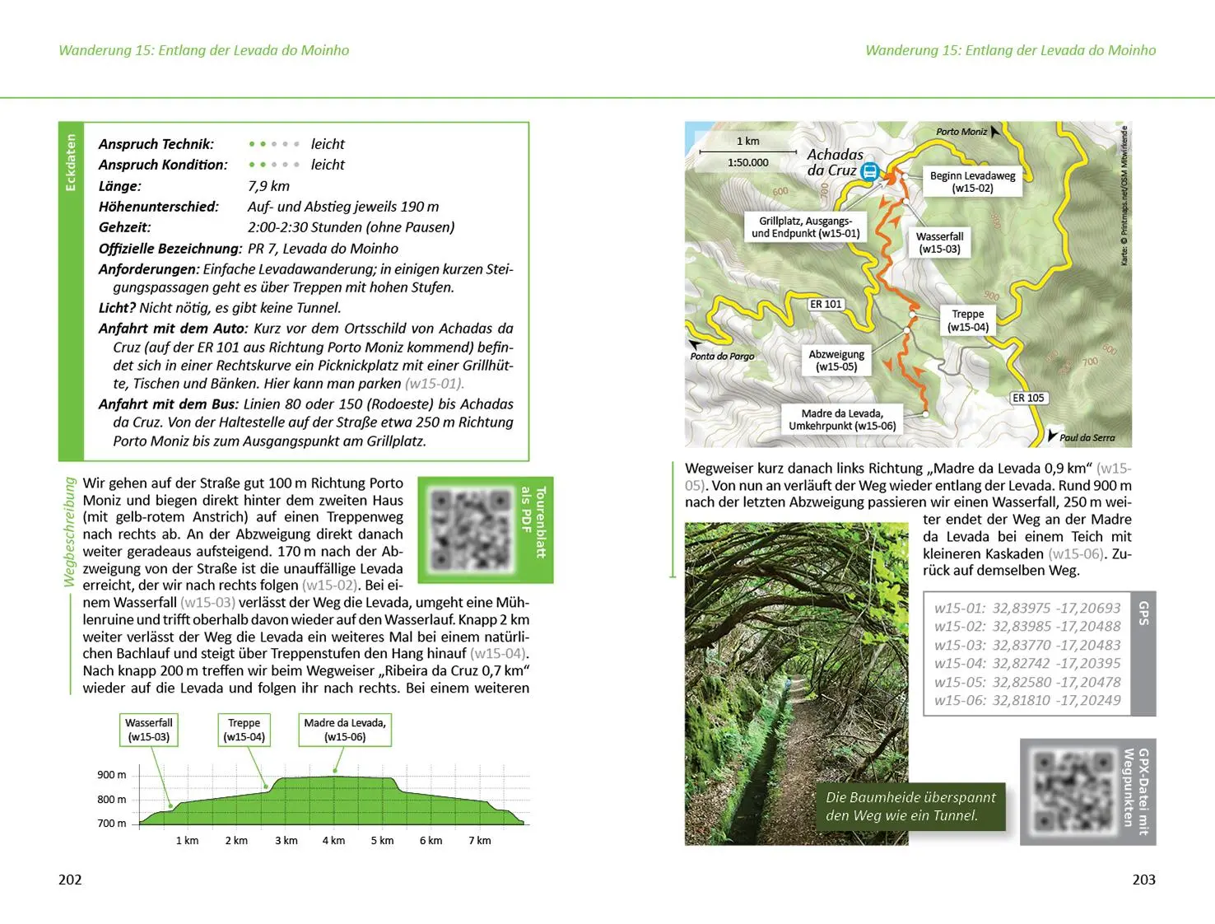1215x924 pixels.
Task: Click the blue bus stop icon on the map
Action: click(x=869, y=171)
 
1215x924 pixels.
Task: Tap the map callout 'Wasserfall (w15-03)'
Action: click(x=939, y=242)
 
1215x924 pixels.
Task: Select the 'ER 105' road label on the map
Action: click(x=1028, y=398)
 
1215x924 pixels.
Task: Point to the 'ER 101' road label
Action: click(x=826, y=304)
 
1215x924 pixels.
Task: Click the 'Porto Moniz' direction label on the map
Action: click(x=961, y=132)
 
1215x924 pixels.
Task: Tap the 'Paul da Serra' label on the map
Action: click(x=1087, y=437)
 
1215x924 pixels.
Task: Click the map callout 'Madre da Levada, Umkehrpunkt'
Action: click(x=842, y=419)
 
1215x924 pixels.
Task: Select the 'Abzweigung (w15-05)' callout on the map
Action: click(x=836, y=360)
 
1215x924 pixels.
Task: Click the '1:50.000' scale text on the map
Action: click(x=747, y=162)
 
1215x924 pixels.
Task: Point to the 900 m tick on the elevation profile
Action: click(x=112, y=774)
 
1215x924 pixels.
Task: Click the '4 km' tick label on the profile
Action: click(x=333, y=840)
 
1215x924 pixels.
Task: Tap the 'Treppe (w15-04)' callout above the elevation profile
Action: click(x=244, y=730)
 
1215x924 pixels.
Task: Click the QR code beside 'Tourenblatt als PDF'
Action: click(x=470, y=530)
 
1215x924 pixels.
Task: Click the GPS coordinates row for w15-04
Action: click(x=1026, y=663)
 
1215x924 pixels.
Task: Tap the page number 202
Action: click(x=70, y=880)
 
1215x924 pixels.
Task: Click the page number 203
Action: click(x=1143, y=880)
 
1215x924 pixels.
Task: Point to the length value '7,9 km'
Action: click(x=268, y=186)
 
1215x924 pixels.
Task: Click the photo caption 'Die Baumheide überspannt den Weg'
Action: click(x=910, y=806)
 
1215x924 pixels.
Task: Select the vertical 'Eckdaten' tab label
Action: click(x=71, y=162)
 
